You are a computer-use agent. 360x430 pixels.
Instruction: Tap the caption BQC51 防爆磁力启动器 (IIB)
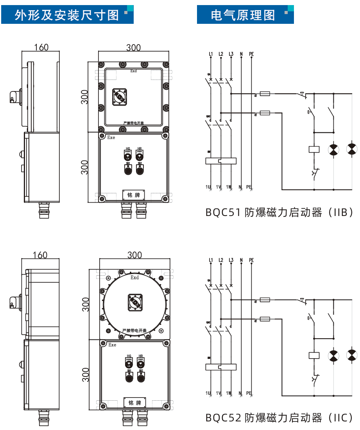tap(279, 212)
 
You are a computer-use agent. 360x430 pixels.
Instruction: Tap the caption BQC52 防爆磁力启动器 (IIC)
tap(279, 418)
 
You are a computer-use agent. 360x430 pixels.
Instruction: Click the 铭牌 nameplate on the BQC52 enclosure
tap(134, 402)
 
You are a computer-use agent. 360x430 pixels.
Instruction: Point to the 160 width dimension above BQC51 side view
tap(41, 47)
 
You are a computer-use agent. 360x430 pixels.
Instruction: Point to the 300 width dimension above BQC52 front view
tap(134, 255)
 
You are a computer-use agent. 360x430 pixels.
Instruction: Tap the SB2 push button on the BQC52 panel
tap(141, 377)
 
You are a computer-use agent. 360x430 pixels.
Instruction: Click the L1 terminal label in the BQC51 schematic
tap(211, 54)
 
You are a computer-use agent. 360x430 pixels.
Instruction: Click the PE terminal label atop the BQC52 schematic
tap(251, 260)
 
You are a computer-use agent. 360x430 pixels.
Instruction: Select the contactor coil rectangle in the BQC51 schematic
tap(314, 149)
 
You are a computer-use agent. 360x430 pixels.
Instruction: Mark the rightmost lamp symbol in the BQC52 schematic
tap(352, 355)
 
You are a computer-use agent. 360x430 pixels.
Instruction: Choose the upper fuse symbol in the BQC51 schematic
tap(265, 94)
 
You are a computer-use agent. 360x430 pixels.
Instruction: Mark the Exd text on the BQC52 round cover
tap(134, 278)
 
